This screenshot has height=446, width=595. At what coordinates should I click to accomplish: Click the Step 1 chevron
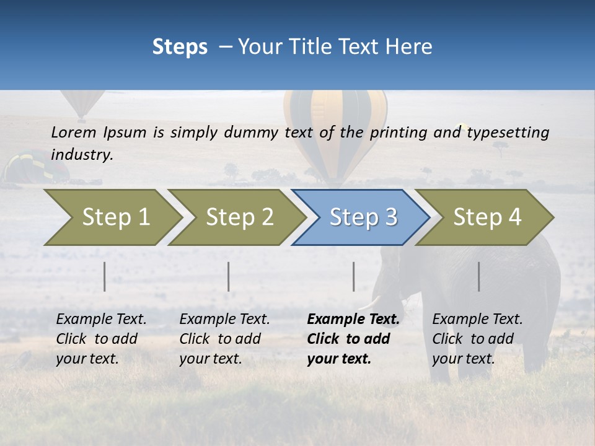point(112,217)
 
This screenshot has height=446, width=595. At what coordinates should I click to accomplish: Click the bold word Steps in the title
point(180,46)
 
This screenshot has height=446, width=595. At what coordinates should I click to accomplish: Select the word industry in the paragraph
point(82,154)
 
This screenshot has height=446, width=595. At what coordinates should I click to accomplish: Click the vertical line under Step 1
point(105,276)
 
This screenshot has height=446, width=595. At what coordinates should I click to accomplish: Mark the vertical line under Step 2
point(229,276)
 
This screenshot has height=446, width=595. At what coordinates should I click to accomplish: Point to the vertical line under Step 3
point(353,276)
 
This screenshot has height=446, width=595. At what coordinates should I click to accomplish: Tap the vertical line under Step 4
point(478,276)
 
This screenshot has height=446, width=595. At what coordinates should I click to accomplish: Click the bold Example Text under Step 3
point(353,320)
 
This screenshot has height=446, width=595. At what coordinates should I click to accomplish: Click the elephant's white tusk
point(370,303)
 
